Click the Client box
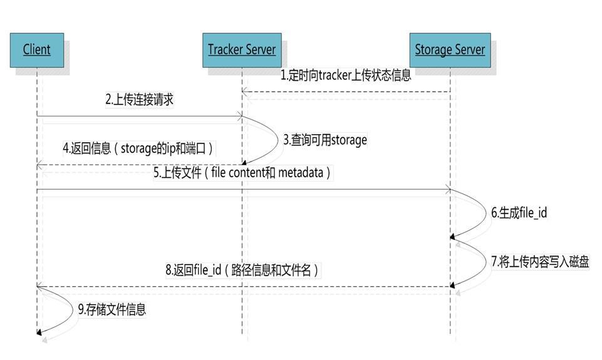click(37, 50)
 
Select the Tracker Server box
click(242, 50)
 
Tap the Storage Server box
click(450, 50)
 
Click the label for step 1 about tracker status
click(346, 76)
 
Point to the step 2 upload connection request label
click(139, 100)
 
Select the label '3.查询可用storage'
click(324, 140)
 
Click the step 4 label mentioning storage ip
click(138, 149)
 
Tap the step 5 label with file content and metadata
click(242, 173)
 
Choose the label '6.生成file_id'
click(519, 213)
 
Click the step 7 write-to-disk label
click(539, 261)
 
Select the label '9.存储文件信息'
click(112, 309)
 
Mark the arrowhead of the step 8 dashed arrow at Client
click(40, 286)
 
